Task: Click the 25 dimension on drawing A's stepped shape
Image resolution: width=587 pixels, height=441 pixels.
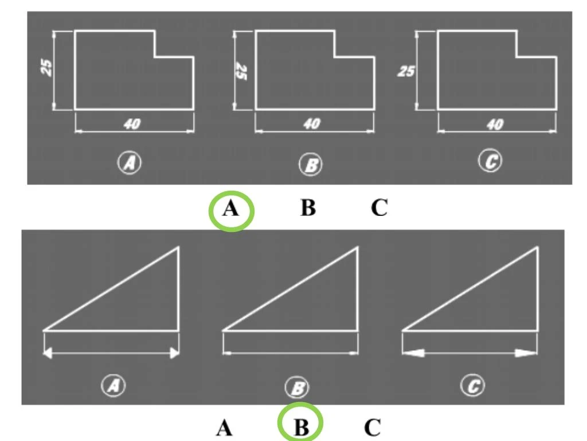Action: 47,68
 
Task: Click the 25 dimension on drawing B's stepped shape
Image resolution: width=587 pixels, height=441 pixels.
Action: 242,71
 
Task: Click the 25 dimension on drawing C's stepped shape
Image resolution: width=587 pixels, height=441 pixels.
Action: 406,71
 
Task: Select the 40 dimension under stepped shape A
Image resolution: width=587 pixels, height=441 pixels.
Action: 132,124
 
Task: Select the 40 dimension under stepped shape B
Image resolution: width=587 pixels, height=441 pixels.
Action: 312,124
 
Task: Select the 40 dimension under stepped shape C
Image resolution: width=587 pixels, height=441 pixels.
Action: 495,124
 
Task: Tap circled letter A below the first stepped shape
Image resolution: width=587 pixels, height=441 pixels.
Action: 130,164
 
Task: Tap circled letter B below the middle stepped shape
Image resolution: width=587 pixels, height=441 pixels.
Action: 311,165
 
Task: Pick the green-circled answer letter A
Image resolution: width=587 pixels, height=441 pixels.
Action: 230,208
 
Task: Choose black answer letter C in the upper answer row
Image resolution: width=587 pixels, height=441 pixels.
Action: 379,208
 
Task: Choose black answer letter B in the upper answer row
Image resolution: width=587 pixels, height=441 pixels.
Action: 308,208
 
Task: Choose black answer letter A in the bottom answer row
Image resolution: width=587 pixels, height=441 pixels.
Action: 224,427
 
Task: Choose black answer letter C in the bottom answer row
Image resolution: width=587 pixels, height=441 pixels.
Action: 372,427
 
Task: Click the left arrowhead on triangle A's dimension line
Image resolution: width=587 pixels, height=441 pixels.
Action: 49,354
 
